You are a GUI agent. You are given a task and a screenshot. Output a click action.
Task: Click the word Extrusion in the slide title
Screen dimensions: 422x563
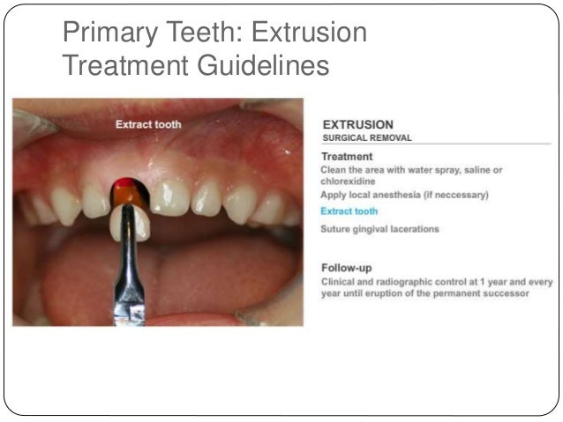pos(309,33)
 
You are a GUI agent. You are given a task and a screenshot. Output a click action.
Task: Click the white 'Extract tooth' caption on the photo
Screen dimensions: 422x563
pos(148,124)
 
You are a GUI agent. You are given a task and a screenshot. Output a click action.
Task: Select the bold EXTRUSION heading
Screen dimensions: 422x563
pos(357,124)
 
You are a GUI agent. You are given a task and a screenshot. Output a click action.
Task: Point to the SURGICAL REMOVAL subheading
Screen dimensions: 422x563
pos(366,137)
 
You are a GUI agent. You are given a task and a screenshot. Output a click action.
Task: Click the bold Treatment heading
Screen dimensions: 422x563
pos(347,156)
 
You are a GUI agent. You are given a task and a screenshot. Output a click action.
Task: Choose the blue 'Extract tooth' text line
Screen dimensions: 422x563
pos(349,211)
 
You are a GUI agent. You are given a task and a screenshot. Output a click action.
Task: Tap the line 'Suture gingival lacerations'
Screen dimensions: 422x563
pos(379,229)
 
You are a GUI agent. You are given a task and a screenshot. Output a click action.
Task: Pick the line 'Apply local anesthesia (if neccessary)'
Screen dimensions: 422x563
pos(404,194)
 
